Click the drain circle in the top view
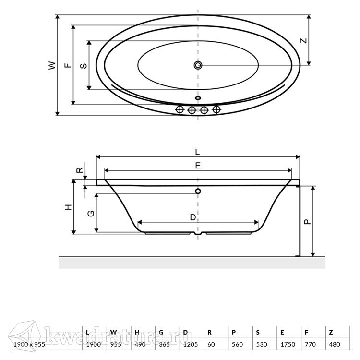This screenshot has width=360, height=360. point(198,65)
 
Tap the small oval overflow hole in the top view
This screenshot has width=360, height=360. point(198,98)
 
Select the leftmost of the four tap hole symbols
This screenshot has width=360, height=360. point(180,110)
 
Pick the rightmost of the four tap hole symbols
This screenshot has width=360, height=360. point(216,110)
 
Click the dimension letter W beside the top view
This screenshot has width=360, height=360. point(52,65)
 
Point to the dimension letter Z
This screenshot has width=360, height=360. point(303,41)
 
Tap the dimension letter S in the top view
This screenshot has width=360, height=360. point(84,66)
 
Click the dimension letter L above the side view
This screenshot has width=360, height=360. point(197,152)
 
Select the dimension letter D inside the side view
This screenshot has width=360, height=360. point(193,217)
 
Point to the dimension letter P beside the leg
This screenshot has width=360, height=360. point(307,222)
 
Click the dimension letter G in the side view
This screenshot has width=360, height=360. point(91,214)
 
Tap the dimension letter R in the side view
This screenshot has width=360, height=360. point(79,170)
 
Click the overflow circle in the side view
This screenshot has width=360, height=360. point(198,191)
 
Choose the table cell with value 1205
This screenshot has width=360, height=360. point(191,344)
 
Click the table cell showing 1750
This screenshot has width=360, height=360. point(288,344)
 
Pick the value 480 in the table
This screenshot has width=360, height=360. point(335,344)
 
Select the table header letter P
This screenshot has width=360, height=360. point(234,332)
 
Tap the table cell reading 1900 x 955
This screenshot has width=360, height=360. point(29,344)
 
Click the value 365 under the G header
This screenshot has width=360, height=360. point(164,344)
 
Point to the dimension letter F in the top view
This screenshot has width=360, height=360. point(68,65)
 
